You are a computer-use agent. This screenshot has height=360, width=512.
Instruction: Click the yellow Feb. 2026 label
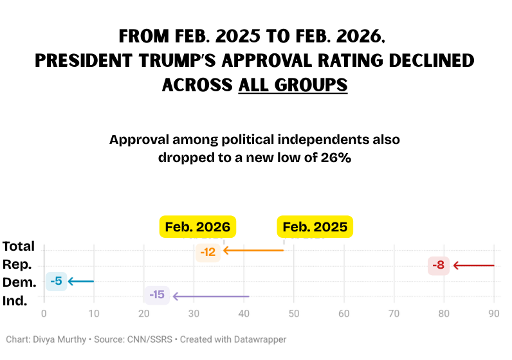tap(198, 227)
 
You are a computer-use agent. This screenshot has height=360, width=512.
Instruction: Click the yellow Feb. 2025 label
tap(315, 227)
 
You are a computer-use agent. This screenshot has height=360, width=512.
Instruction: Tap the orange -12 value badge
tap(208, 252)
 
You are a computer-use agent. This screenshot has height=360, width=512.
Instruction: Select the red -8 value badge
tap(438, 265)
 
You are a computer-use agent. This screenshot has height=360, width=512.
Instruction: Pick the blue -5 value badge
tap(56, 281)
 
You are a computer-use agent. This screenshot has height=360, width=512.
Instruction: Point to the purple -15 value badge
tap(157, 295)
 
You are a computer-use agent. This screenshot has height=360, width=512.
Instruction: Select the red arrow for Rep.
tap(473, 265)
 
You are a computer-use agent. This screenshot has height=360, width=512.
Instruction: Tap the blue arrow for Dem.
tap(81, 281)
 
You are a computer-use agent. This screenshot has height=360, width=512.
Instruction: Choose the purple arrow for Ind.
tap(210, 296)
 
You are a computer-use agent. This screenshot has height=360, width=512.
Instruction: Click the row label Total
tap(19, 246)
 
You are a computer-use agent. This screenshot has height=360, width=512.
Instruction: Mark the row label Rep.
tap(17, 264)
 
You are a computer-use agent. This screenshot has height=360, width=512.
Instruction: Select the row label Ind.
tap(15, 300)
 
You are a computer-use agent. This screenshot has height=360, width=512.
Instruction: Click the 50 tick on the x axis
tap(294, 314)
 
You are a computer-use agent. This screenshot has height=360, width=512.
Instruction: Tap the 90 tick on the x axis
tap(494, 314)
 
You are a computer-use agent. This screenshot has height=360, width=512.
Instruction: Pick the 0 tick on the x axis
tap(44, 314)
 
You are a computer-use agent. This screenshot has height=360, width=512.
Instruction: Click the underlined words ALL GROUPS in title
tap(293, 85)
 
